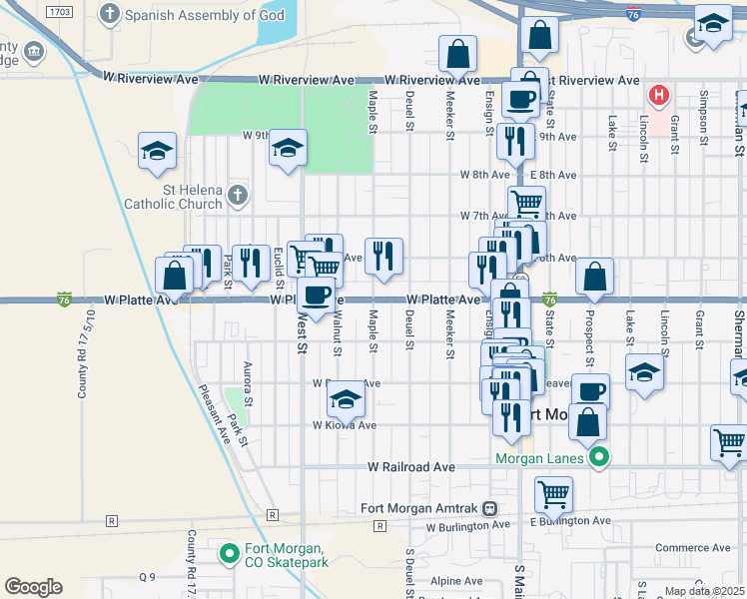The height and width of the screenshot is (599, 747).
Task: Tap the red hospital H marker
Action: click(659, 96)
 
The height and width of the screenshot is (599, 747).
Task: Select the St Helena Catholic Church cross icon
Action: click(237, 194)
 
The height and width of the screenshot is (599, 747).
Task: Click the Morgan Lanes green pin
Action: click(598, 458)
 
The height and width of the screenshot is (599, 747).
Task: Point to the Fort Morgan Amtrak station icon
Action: click(489, 507)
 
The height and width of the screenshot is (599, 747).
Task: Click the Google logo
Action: click(33, 587)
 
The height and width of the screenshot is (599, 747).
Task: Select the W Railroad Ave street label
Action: click(410, 466)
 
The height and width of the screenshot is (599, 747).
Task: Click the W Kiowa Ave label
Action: click(345, 424)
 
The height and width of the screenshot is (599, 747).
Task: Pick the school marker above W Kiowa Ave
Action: click(346, 400)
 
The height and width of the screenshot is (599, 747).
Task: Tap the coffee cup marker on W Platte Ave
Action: click(317, 296)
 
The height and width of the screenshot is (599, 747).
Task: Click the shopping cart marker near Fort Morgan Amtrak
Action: click(552, 493)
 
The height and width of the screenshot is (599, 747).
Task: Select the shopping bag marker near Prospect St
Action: click(594, 277)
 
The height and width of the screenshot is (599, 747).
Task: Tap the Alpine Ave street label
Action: click(456, 581)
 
